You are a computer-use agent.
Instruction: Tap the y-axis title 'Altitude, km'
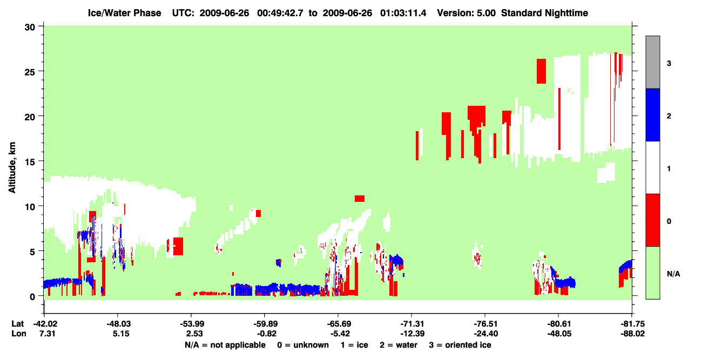(x=12, y=168)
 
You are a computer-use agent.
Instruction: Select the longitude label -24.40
(x=486, y=334)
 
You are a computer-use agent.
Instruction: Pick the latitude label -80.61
(x=559, y=324)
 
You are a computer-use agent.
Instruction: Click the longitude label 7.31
(x=48, y=334)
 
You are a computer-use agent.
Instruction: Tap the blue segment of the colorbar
(x=653, y=114)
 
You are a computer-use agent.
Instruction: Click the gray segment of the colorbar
(x=653, y=62)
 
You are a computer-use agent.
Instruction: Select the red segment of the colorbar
(x=653, y=220)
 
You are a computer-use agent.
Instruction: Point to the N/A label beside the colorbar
(x=673, y=274)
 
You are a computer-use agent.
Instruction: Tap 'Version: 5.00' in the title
(x=467, y=13)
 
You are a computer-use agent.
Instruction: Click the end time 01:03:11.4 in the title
(x=403, y=13)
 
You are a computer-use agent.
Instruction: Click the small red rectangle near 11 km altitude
(x=360, y=199)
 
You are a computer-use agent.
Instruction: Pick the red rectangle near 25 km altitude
(x=541, y=71)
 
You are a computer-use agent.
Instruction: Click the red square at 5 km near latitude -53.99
(x=178, y=246)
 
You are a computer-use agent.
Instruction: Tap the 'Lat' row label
(x=18, y=324)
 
